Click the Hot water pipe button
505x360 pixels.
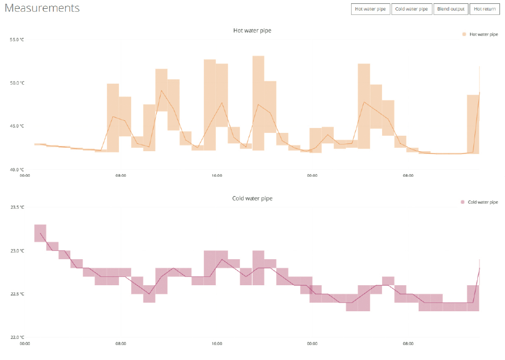coord(370,9)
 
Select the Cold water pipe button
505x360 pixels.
coord(411,9)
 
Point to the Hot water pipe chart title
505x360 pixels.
coord(252,30)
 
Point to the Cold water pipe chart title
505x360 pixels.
coord(252,198)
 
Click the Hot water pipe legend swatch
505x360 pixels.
coord(464,34)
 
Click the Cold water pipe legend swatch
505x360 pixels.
coord(463,202)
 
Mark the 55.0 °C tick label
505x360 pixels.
coord(17,40)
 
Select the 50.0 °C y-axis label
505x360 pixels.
coord(17,83)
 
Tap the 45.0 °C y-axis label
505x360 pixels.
coord(17,126)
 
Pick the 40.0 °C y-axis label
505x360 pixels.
coord(17,169)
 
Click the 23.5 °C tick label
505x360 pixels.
coord(17,207)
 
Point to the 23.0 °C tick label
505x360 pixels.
coord(17,251)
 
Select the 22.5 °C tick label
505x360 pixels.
coord(17,294)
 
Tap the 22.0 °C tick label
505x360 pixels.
coord(17,337)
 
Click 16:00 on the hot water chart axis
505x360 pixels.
coord(217,176)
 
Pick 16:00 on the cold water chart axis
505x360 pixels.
coord(217,343)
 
